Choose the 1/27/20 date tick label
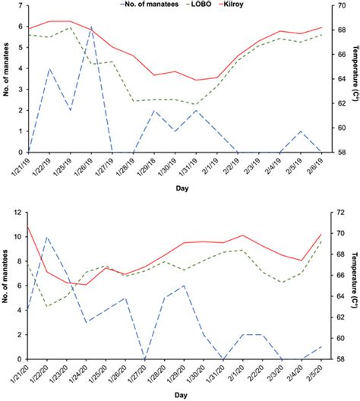tap(141, 373)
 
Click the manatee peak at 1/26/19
tap(92, 27)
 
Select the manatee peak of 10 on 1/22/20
tap(49, 237)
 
